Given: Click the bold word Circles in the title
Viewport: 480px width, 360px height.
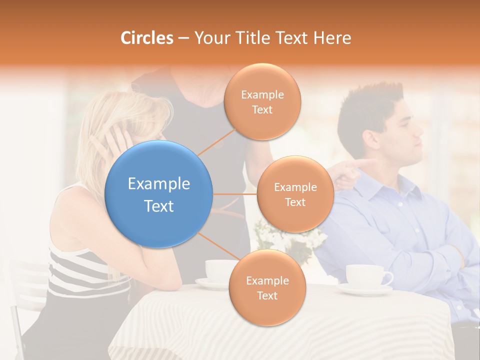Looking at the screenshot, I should [146, 38].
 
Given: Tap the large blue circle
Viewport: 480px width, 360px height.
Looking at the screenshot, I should [159, 194].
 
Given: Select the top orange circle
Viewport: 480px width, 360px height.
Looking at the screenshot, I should [262, 102].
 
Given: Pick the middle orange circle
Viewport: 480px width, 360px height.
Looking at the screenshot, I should [295, 194].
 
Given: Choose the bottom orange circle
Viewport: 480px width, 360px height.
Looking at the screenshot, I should [267, 288].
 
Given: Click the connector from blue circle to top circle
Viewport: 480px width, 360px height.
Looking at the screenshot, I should [217, 141].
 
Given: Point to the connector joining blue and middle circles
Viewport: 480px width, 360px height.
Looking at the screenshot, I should [235, 194].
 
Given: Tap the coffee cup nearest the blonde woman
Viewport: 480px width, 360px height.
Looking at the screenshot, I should [220, 270].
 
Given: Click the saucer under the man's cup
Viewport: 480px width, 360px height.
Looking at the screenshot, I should [365, 289].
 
